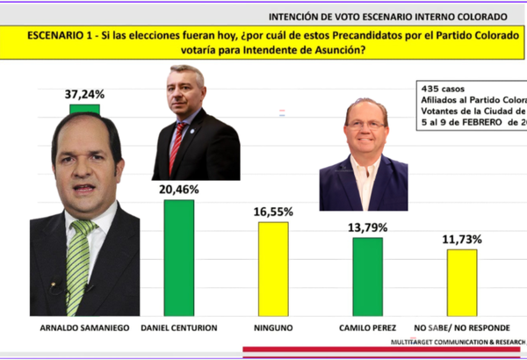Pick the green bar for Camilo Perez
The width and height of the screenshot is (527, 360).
tap(367, 276)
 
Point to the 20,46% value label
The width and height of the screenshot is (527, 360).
tap(179, 189)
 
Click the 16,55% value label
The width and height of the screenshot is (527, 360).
tap(273, 212)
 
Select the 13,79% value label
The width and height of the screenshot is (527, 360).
tap(367, 227)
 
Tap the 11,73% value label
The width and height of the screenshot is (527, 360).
tap(462, 239)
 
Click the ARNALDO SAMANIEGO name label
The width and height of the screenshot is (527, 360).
tap(85, 326)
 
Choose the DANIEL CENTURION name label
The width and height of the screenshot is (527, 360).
tap(179, 326)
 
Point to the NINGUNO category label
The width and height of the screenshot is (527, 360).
tap(273, 326)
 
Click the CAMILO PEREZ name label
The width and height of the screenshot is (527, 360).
tap(367, 326)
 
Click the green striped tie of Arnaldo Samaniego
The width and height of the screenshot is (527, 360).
tap(79, 263)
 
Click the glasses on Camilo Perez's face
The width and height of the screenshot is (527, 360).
tap(365, 125)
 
